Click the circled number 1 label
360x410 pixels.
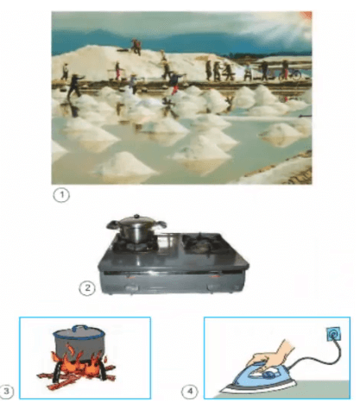point(61,195)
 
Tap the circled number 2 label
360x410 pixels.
point(87,288)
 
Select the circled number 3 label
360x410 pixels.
point(6,391)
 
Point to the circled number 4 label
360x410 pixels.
point(190,391)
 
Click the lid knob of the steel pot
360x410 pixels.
point(136,216)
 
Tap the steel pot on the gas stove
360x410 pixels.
point(136,229)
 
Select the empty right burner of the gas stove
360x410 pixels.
point(202,243)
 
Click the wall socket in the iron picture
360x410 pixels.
point(334,334)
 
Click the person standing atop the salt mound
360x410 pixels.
point(136,47)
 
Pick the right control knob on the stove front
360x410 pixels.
point(213,287)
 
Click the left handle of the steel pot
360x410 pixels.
point(113,224)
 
